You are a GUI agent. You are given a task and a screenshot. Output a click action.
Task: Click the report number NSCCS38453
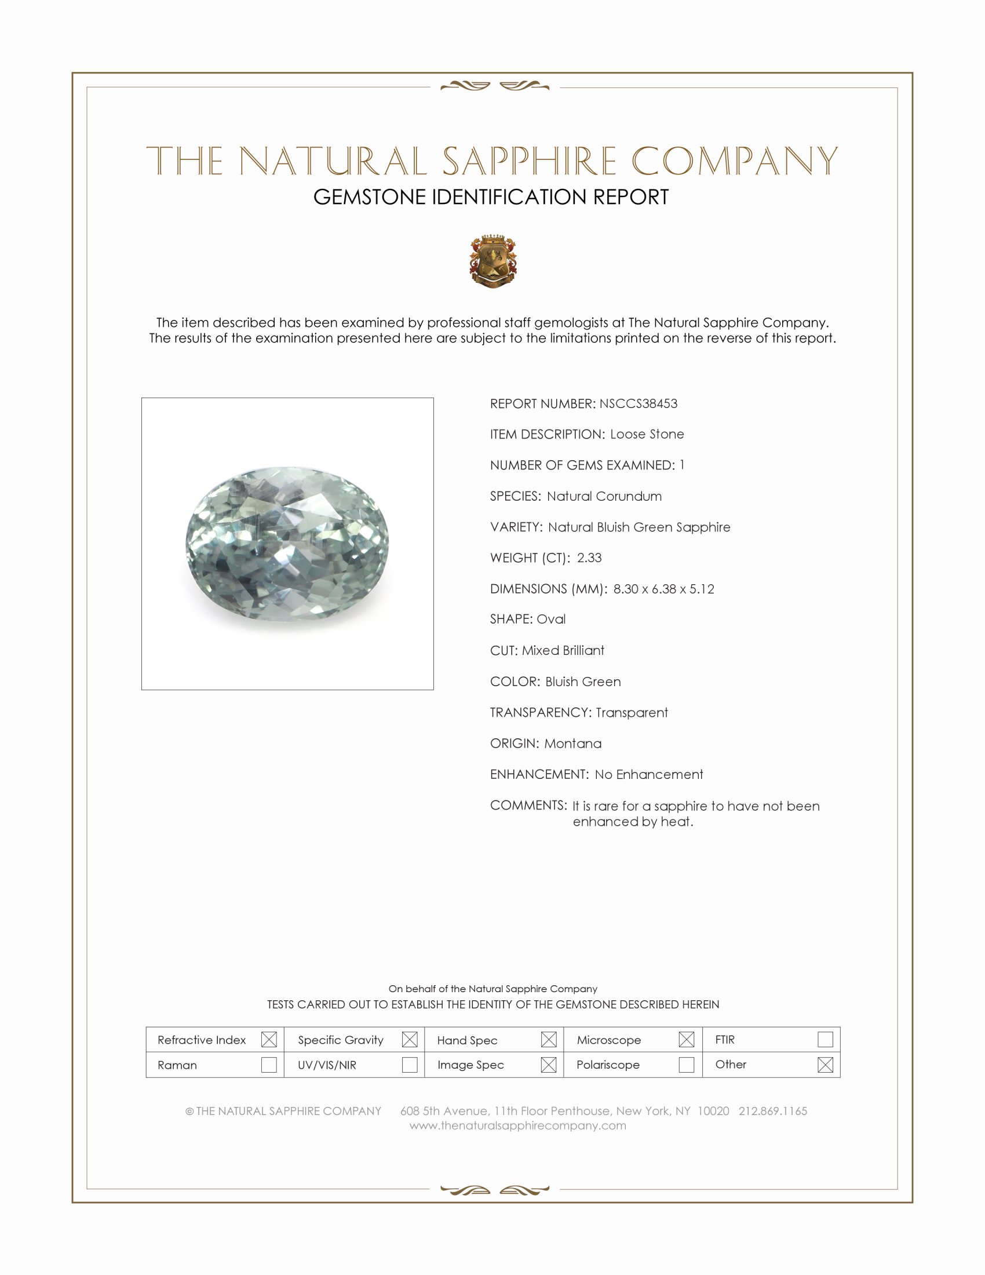tap(638, 403)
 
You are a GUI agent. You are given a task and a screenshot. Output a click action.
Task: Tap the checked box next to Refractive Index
tap(269, 1040)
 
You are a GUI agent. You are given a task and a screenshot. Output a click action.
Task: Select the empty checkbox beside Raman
tap(269, 1065)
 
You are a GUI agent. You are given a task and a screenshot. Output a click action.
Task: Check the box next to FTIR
tap(825, 1040)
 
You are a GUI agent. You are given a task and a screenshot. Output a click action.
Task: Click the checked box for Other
tap(825, 1065)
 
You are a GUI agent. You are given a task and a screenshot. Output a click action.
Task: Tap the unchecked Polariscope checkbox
tap(686, 1065)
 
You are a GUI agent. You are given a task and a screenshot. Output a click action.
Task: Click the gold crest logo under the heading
tap(493, 261)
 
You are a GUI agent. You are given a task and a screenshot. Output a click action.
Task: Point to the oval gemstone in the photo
tap(287, 543)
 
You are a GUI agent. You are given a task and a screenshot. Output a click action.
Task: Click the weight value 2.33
tap(589, 558)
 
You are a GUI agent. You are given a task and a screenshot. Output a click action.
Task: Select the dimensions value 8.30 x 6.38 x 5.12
tap(663, 589)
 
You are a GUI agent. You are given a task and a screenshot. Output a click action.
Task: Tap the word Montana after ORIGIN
tap(572, 744)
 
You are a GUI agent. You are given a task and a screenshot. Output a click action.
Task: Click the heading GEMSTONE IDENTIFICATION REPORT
tap(491, 197)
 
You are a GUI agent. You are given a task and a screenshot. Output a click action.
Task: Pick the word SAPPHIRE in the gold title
tap(529, 162)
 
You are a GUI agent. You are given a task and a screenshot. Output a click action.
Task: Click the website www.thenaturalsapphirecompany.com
tap(517, 1126)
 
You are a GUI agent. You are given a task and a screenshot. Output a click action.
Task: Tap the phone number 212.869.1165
tap(772, 1111)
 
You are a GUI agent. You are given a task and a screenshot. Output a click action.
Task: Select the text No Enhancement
tap(649, 775)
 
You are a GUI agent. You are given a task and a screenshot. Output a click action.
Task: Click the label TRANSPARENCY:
tap(541, 713)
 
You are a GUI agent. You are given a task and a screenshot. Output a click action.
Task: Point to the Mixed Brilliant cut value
tap(563, 651)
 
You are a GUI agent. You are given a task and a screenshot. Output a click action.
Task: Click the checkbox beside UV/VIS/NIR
tap(410, 1065)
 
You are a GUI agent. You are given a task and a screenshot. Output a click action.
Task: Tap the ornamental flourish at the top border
tap(494, 86)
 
